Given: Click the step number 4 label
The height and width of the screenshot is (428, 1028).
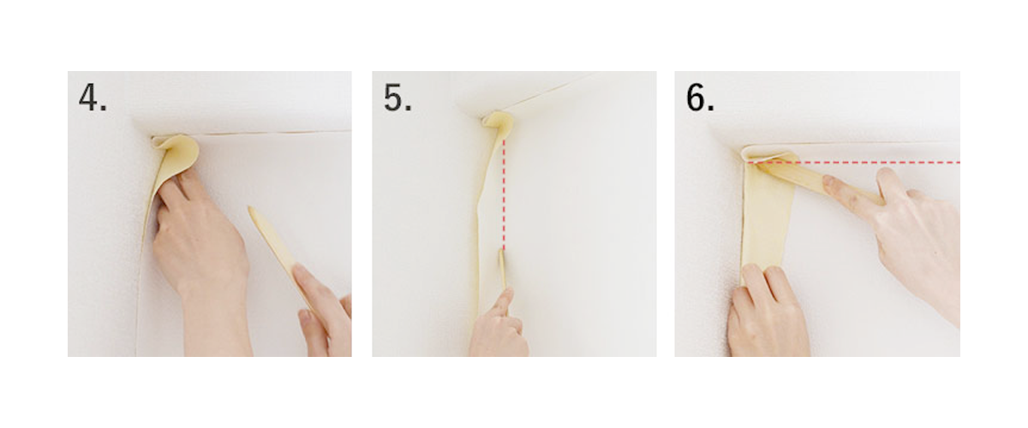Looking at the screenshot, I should (x=93, y=98).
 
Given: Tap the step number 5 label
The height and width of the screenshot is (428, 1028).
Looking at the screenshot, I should (x=397, y=98).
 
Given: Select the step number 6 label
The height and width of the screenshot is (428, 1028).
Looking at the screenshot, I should (x=700, y=98).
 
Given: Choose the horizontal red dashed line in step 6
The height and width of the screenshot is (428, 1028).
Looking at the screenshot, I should (x=882, y=161).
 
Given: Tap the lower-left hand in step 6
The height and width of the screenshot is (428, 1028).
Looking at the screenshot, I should (x=767, y=312).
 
